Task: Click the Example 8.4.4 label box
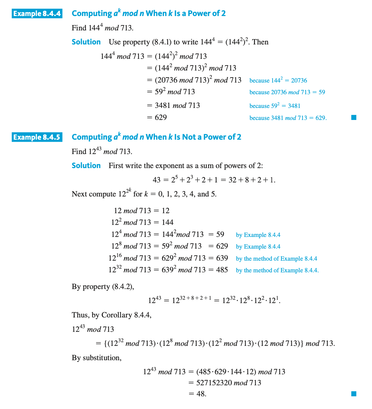pyautogui.click(x=37, y=14)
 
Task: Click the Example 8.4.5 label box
pyautogui.click(x=37, y=137)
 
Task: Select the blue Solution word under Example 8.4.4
pyautogui.click(x=86, y=42)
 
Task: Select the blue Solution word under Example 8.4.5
pyautogui.click(x=86, y=166)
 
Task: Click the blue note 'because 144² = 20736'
pyautogui.click(x=278, y=81)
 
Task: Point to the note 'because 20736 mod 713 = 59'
pyautogui.click(x=287, y=92)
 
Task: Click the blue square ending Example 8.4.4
pyautogui.click(x=354, y=118)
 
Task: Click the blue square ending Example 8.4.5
pyautogui.click(x=354, y=394)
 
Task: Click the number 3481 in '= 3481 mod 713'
pyautogui.click(x=163, y=106)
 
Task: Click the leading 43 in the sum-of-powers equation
pyautogui.click(x=157, y=180)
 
